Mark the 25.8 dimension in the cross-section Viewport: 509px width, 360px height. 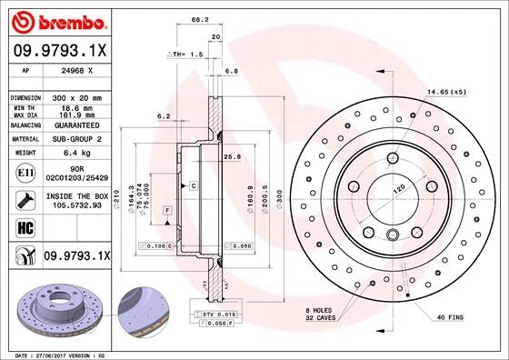231,156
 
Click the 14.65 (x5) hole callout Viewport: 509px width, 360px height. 447,92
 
